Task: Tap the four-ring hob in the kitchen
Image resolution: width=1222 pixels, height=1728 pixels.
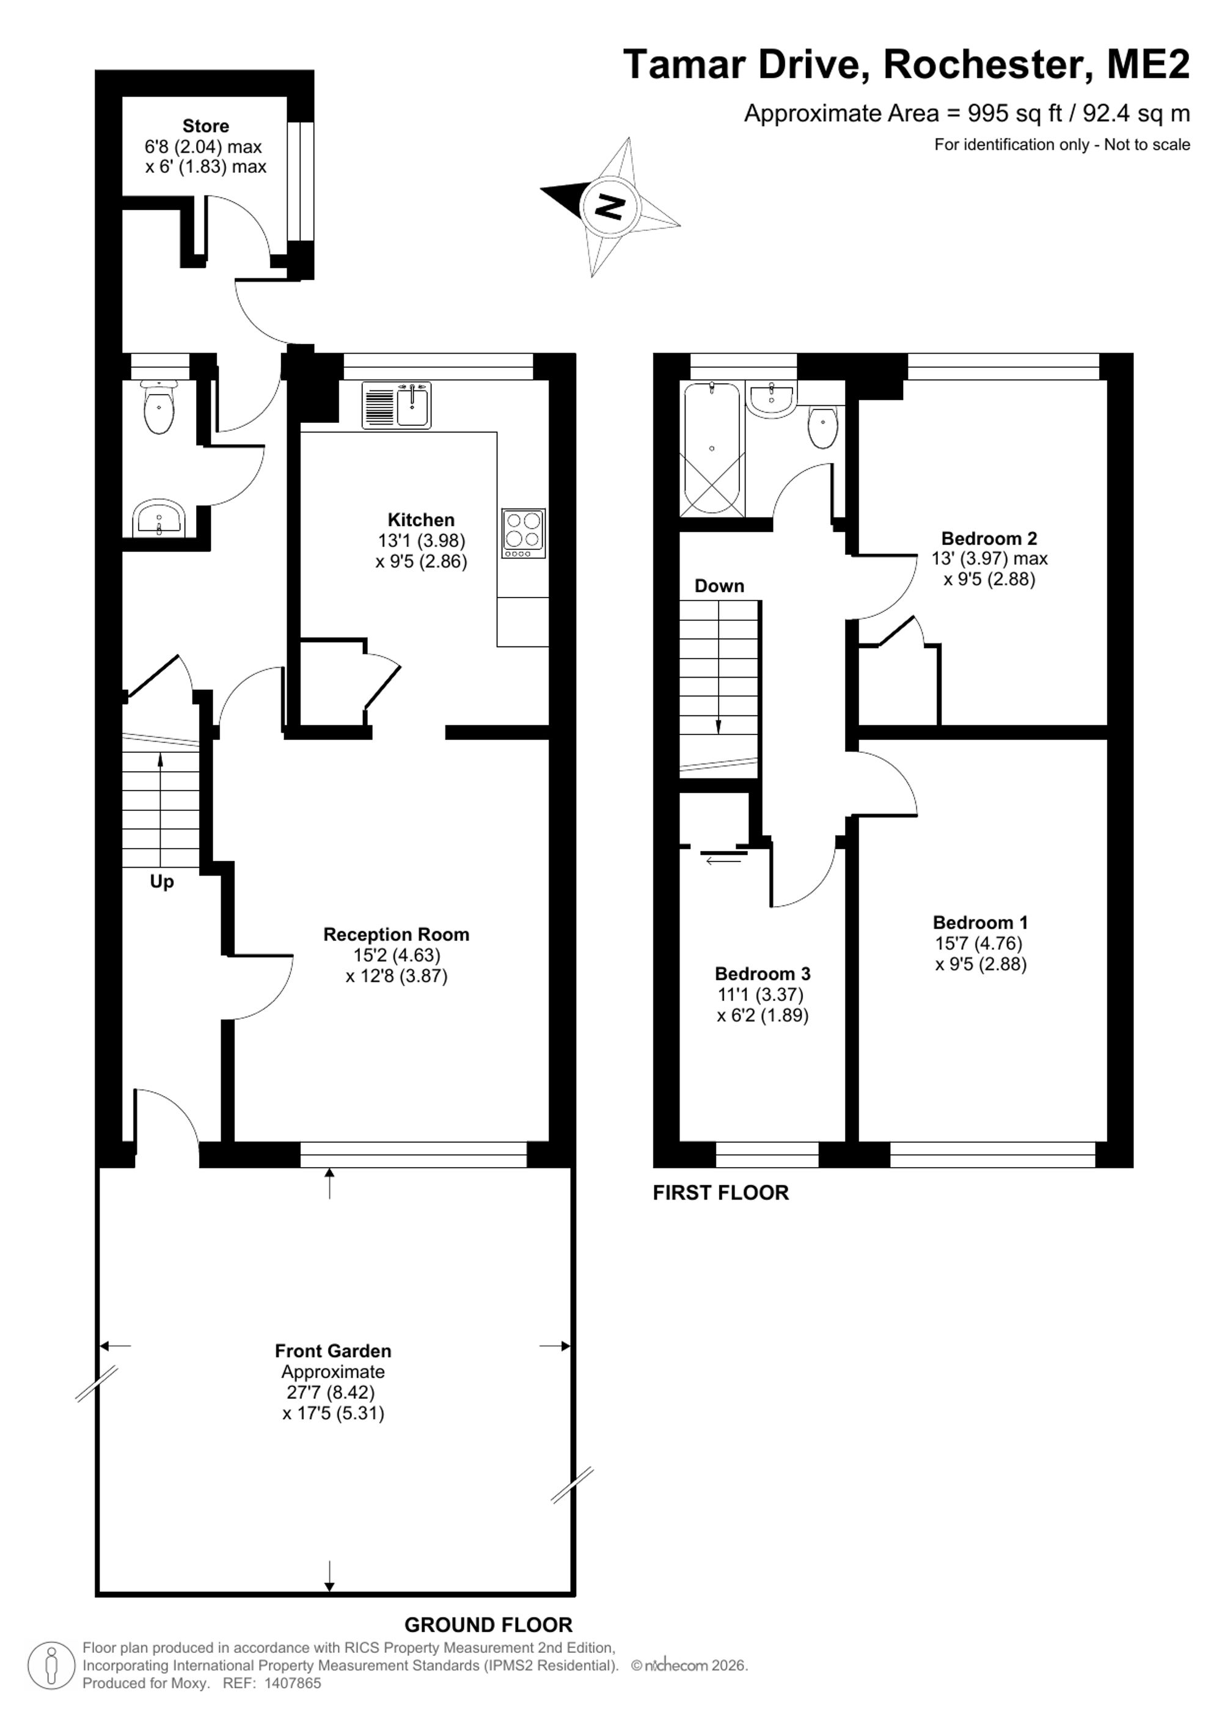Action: click(x=523, y=533)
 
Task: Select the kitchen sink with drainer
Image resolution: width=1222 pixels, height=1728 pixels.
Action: click(x=397, y=406)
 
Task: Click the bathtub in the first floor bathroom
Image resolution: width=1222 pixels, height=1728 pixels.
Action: click(x=712, y=448)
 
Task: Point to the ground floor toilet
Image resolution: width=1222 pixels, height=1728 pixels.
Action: click(x=159, y=406)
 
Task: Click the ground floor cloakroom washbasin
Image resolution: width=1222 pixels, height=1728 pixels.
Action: click(x=159, y=518)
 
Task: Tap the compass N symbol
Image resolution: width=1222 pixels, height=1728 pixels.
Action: click(x=610, y=205)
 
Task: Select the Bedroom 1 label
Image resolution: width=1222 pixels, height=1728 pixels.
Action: click(x=979, y=922)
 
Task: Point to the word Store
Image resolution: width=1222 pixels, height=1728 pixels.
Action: click(x=205, y=126)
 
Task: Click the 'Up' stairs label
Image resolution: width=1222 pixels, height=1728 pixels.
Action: click(x=162, y=881)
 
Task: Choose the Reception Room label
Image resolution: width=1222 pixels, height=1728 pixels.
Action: click(x=397, y=934)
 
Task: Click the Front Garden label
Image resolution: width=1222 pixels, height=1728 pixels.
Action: click(x=334, y=1351)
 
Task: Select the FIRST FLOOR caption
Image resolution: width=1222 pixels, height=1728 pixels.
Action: click(x=721, y=1193)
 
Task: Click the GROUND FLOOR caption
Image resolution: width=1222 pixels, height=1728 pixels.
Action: click(x=488, y=1625)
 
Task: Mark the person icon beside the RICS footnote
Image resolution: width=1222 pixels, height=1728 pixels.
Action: click(x=51, y=1666)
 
